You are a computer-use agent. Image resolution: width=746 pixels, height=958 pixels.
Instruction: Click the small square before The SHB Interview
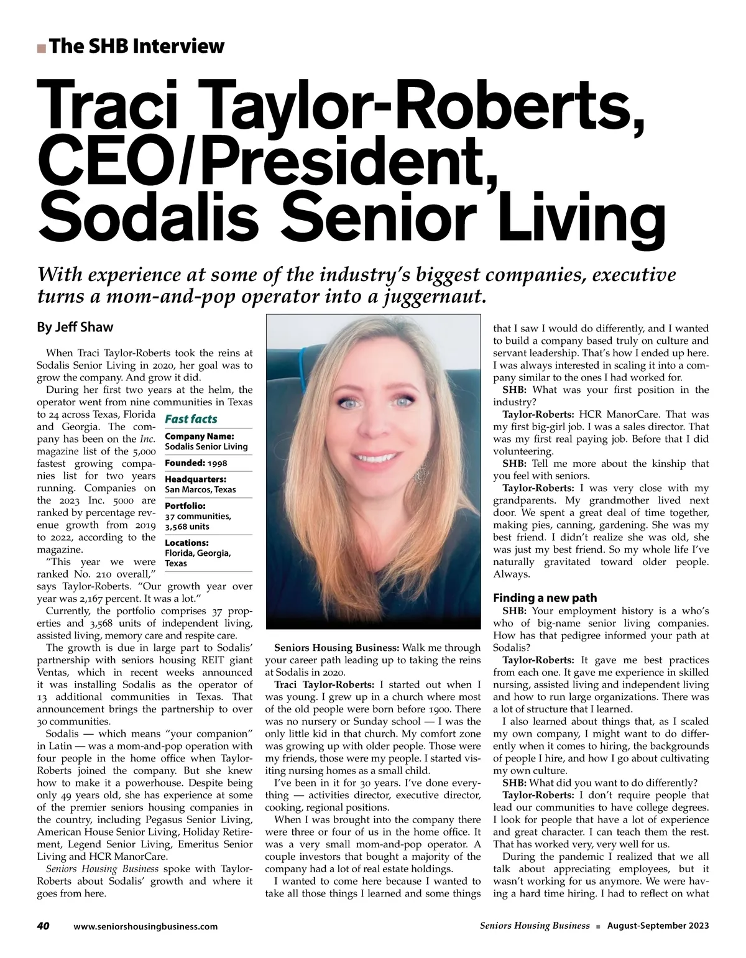[41, 48]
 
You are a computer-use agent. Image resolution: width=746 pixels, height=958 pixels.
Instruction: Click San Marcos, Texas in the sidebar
[200, 489]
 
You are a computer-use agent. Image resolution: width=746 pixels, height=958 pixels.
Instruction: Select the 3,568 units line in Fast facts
[186, 526]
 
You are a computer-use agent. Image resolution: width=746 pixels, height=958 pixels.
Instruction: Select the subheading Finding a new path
[545, 598]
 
